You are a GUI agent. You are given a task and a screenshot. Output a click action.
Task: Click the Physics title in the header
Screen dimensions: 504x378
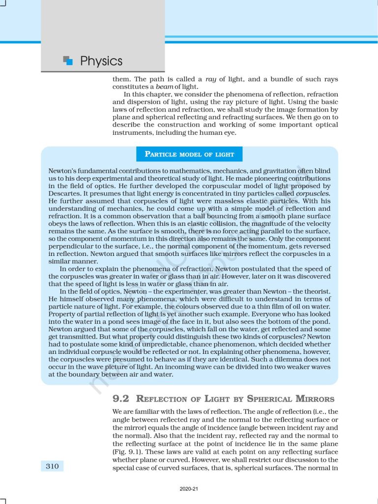101,61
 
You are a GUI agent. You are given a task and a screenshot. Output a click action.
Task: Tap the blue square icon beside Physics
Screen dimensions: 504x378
68,61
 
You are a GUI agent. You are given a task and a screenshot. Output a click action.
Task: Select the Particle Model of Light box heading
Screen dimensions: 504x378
189,154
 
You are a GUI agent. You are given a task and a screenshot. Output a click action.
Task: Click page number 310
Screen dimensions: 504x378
52,466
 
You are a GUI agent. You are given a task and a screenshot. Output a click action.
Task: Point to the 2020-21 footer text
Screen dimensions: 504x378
189,489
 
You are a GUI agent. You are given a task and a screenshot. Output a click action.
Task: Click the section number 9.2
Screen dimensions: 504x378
121,399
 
